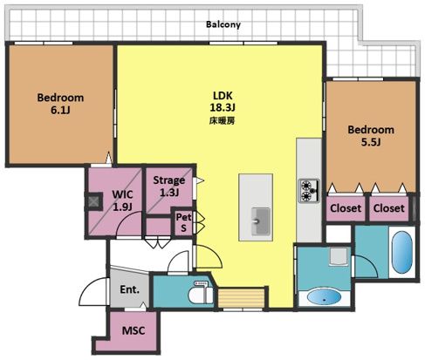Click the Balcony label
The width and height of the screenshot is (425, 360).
[x=223, y=24]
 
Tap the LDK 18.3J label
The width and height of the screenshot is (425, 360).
[x=223, y=101]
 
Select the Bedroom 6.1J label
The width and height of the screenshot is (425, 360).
[x=60, y=104]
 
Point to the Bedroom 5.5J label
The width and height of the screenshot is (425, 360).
[x=371, y=136]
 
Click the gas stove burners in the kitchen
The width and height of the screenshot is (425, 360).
[x=309, y=191]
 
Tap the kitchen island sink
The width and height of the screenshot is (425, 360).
[x=260, y=221]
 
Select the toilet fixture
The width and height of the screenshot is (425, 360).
[x=201, y=293]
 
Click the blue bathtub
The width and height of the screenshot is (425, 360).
[x=402, y=252]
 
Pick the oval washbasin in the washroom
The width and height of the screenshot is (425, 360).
[x=324, y=297]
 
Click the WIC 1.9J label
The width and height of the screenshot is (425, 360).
[x=122, y=200]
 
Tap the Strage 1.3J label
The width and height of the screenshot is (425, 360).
[x=169, y=186]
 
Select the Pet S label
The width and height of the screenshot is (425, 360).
[x=184, y=222]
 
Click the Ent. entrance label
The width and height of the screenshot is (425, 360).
[x=130, y=289]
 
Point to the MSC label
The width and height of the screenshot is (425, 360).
[x=134, y=330]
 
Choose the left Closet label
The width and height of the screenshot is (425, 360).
[x=346, y=208]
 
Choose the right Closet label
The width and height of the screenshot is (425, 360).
[x=388, y=208]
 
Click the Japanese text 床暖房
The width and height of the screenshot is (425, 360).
[x=222, y=121]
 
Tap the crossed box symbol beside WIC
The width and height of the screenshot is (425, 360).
[x=94, y=201]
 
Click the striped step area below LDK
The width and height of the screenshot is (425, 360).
[x=241, y=298]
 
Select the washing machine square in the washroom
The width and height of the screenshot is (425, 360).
[x=339, y=257]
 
